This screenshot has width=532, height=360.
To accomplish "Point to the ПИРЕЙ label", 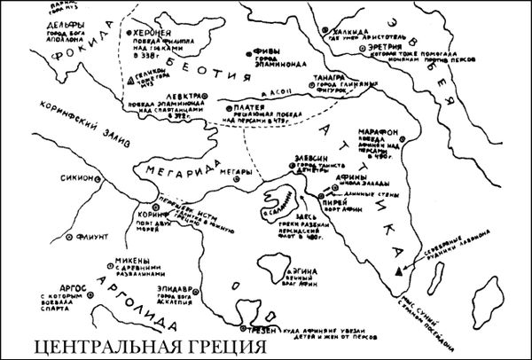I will pos(333,200).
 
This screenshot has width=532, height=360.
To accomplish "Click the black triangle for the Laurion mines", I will pos(404,266).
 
